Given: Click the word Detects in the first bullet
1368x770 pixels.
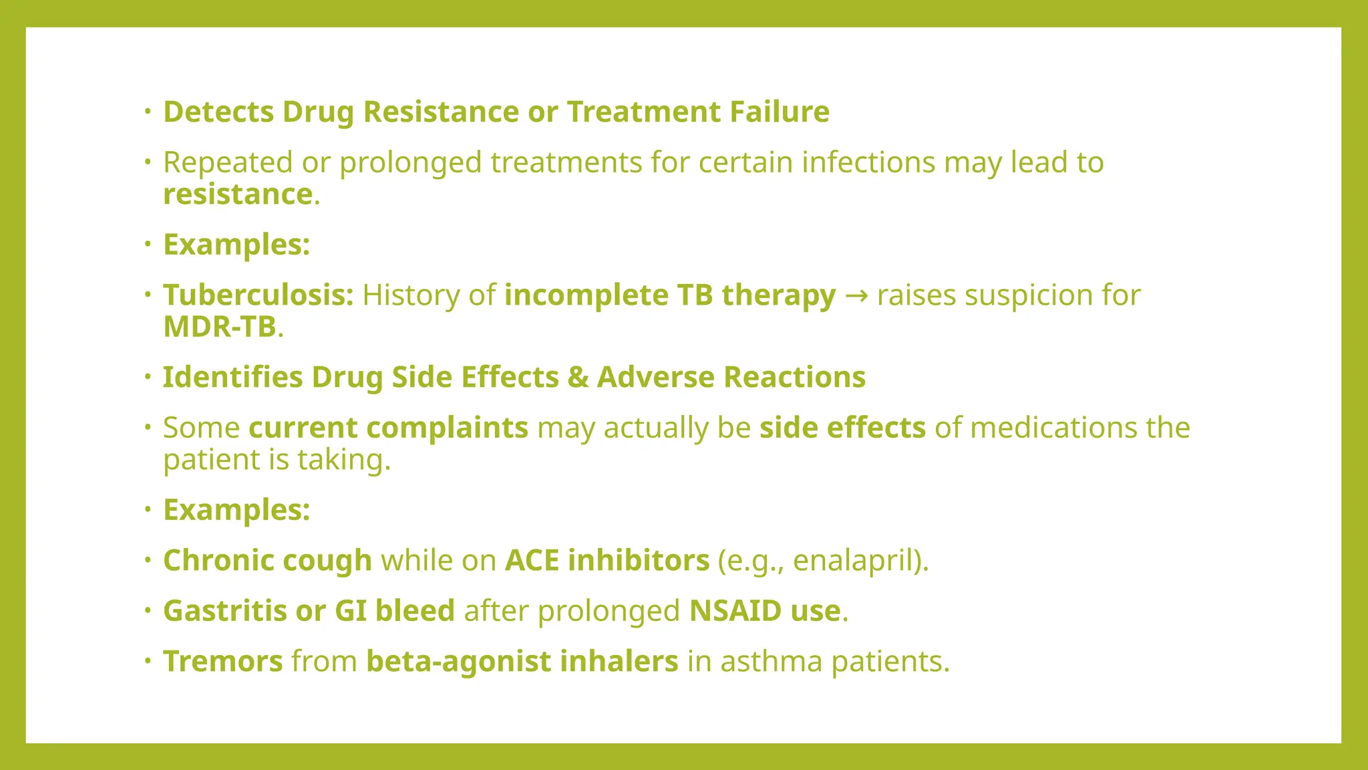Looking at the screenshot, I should click(218, 112).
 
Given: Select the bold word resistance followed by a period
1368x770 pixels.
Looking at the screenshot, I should click(237, 195).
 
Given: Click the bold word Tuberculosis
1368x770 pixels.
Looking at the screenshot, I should click(258, 295).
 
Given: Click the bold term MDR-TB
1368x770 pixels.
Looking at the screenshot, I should click(220, 327).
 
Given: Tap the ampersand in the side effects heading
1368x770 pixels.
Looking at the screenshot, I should click(578, 378).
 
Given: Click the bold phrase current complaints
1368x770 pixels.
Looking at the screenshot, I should click(388, 428).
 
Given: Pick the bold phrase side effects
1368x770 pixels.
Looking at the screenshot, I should click(842, 428).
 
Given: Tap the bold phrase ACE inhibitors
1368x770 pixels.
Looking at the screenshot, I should click(607, 561).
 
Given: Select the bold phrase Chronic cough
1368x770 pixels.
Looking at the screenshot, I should click(267, 561).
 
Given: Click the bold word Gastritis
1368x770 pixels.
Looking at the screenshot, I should click(224, 611).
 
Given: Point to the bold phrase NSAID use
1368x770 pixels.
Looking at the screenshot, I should click(764, 611).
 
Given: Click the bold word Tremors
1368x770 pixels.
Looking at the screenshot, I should click(223, 662).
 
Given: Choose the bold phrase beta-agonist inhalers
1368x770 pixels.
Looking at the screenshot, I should click(522, 662).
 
